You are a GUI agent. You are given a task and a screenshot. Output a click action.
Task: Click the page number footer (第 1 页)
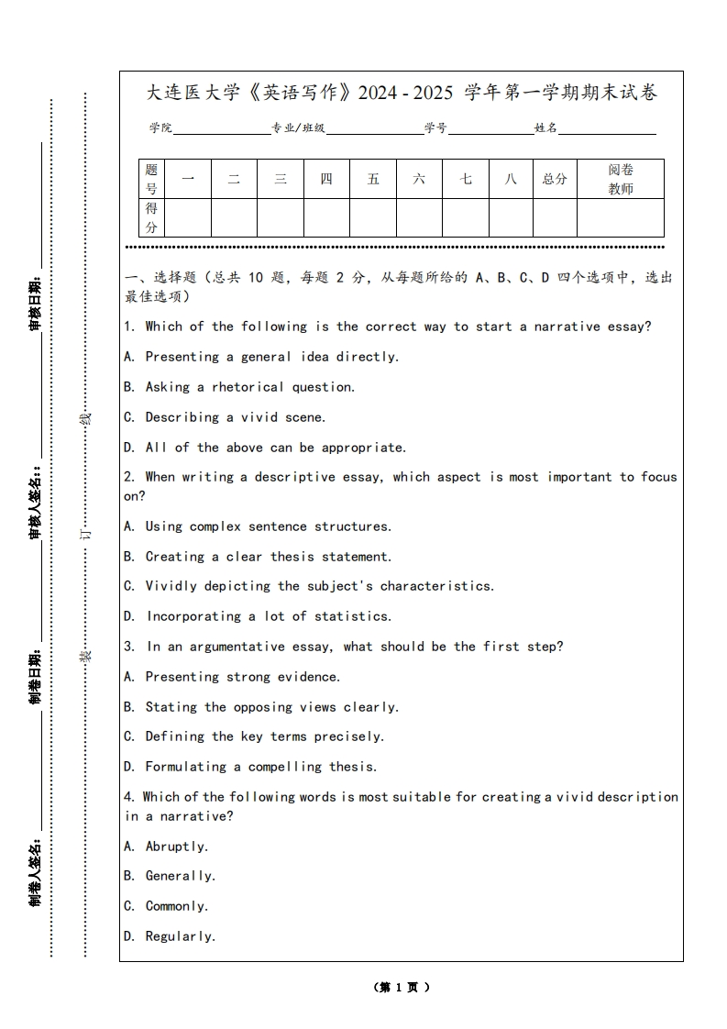[402, 988]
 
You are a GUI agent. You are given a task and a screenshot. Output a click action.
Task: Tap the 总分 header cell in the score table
[555, 179]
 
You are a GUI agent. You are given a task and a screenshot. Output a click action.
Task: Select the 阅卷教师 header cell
[620, 179]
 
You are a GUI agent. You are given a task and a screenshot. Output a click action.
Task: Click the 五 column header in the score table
[373, 179]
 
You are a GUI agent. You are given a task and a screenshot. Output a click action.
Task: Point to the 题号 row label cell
[151, 179]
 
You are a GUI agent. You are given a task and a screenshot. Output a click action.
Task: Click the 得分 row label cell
[151, 218]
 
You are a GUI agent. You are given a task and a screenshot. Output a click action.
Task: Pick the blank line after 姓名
[607, 129]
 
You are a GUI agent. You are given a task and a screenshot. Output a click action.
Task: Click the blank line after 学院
[221, 129]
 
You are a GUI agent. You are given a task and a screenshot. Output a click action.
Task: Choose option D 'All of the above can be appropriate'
[274, 448]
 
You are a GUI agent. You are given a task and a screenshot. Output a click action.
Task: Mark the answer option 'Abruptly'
[176, 846]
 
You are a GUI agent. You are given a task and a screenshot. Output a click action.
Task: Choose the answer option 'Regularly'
[180, 936]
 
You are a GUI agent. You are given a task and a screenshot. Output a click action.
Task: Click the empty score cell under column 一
[188, 218]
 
